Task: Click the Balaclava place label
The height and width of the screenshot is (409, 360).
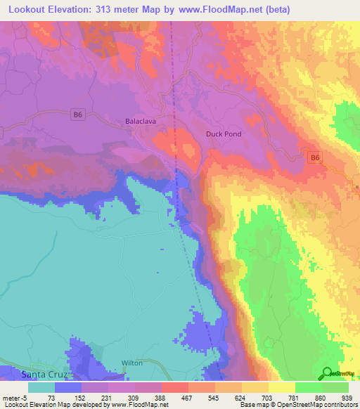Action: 140,120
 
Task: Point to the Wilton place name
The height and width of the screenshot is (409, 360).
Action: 132,363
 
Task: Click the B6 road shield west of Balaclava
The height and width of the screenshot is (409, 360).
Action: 78,115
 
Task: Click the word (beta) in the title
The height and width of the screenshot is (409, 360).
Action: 271,9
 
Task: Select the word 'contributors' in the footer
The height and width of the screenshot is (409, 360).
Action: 339,404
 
